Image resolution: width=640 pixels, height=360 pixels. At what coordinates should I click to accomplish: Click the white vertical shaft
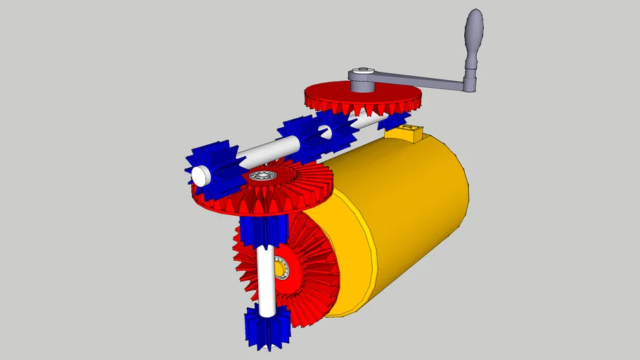[267, 281]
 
